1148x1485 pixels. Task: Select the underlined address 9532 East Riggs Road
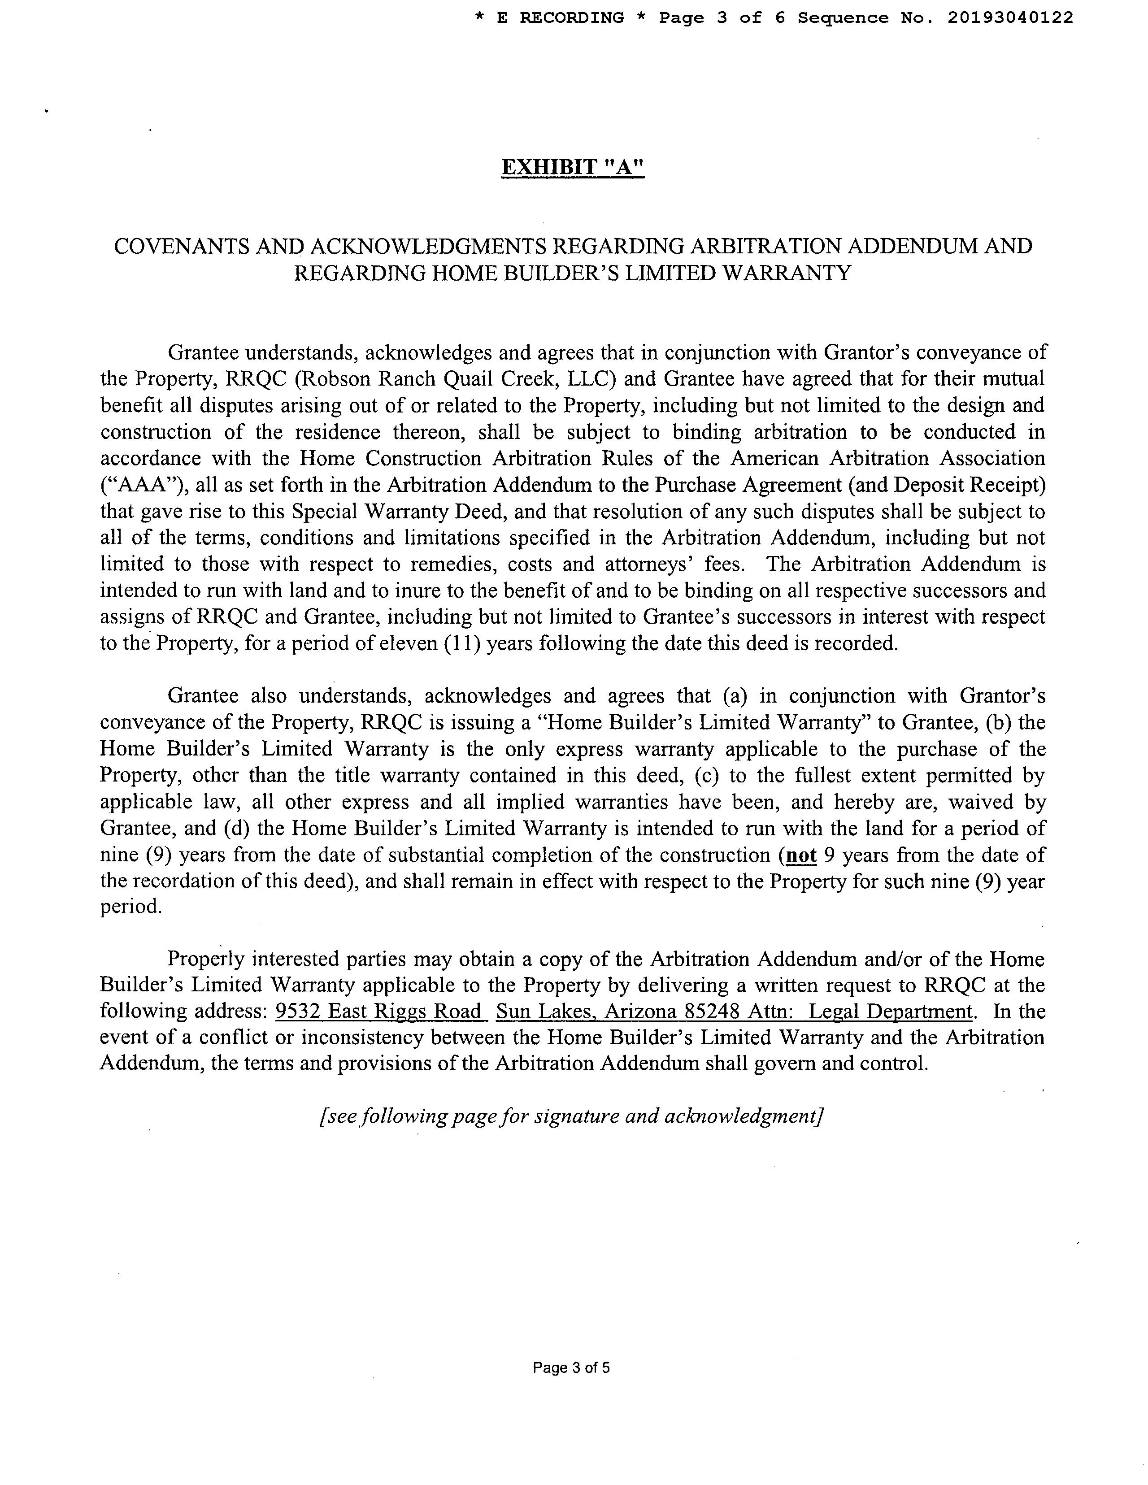tap(381, 1012)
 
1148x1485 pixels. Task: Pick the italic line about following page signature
tap(571, 1116)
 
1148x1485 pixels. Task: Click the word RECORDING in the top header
tap(571, 17)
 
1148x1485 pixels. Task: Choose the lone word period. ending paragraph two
tap(130, 907)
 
